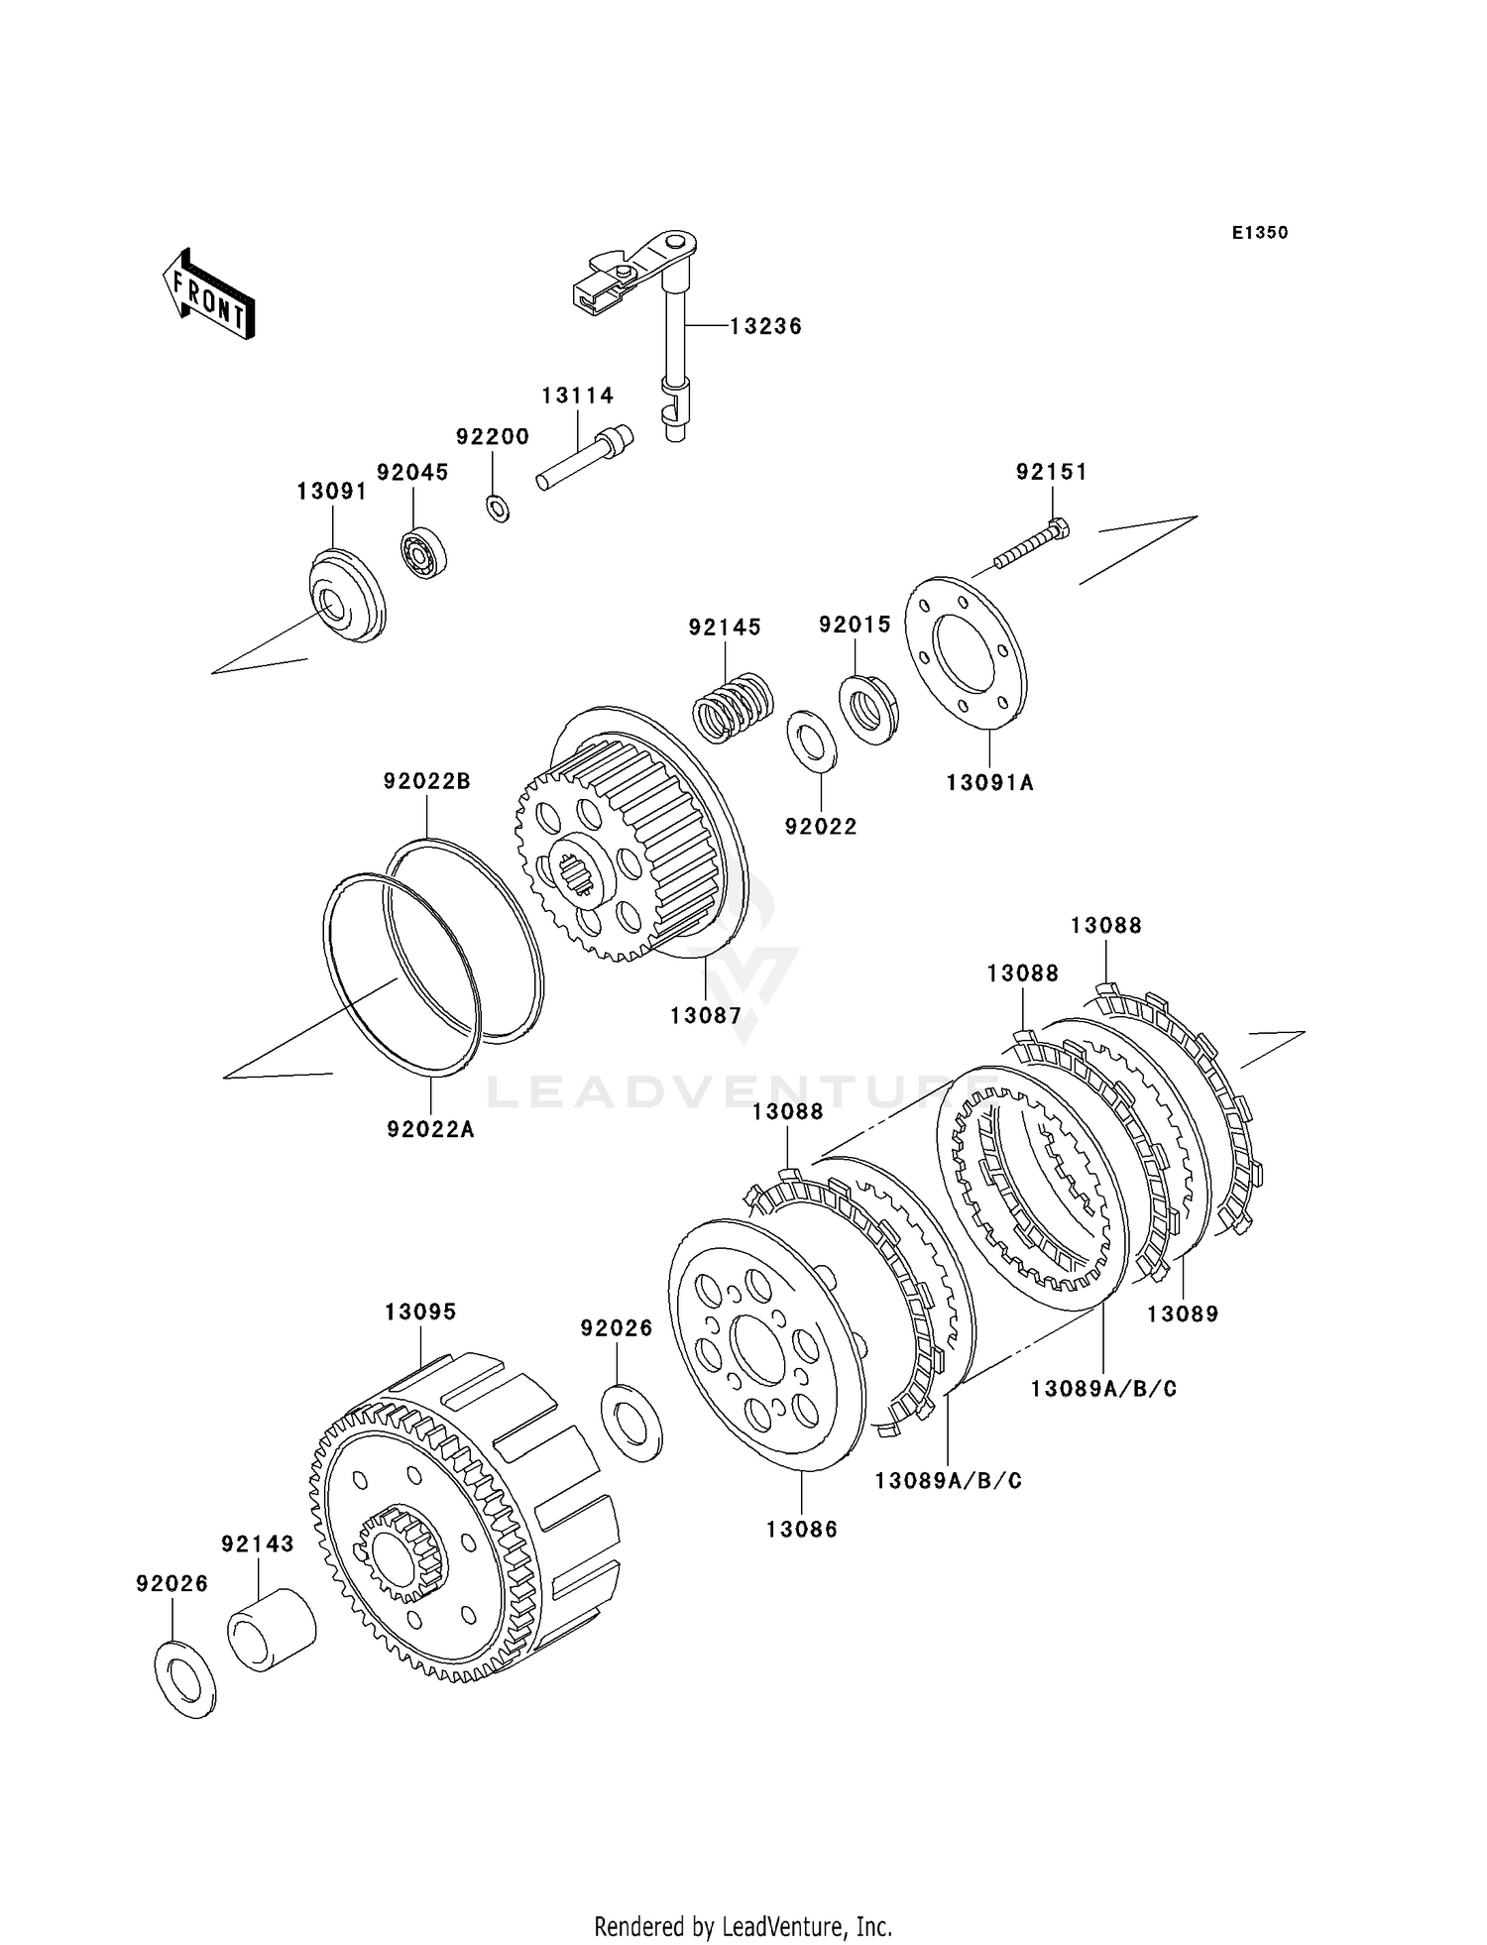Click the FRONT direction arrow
[x=209, y=295]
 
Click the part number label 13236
[x=765, y=326]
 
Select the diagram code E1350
[x=1260, y=233]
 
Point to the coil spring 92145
[x=732, y=706]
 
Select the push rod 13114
[x=585, y=458]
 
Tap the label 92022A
[x=430, y=1128]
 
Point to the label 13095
[x=420, y=1312]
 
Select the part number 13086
[x=801, y=1530]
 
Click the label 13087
[x=705, y=1015]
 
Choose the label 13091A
[x=989, y=782]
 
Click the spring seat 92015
[x=869, y=708]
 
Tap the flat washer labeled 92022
[x=812, y=740]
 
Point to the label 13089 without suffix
[x=1183, y=1314]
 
